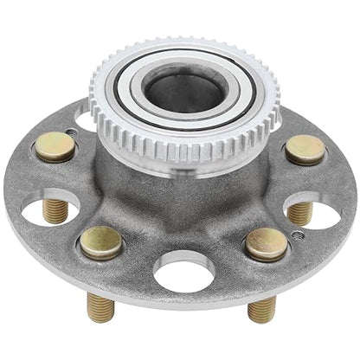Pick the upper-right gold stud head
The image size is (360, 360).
pos(305,149)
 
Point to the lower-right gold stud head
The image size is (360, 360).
pos(266,245)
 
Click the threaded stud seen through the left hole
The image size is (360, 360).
pos(55,210)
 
